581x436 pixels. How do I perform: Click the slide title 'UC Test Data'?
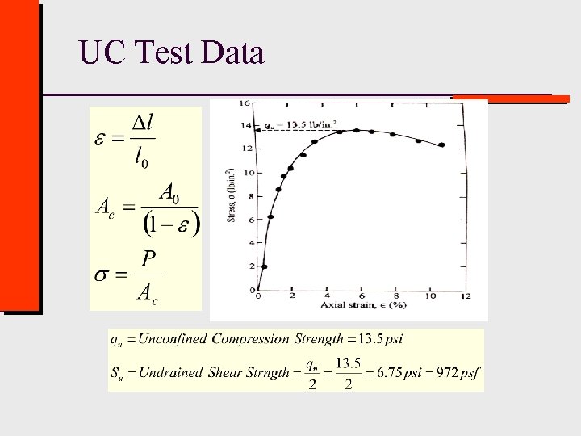click(171, 53)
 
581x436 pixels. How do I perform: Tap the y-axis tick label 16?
click(245, 103)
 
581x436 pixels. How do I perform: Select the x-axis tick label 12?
click(466, 297)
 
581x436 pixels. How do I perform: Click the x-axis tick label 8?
click(396, 297)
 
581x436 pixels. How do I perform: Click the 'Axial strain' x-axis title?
click(362, 306)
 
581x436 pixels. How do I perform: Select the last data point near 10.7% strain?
click(441, 145)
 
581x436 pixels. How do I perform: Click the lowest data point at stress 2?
click(264, 266)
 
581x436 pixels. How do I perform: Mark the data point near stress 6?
click(271, 216)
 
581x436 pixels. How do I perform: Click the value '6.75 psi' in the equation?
click(397, 373)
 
